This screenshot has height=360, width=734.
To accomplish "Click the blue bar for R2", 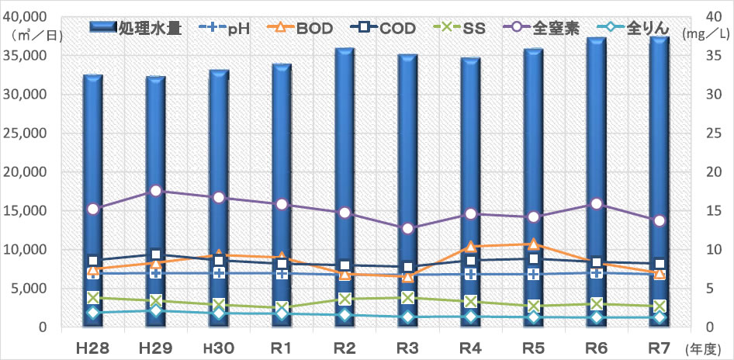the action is pos(344,187).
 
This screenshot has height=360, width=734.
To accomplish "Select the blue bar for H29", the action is pos(155,201).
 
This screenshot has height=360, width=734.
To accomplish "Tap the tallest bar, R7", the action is pos(659,182).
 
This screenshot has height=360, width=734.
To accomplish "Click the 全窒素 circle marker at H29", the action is pos(156,191).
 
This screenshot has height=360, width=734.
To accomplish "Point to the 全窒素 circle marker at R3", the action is pos(407,228).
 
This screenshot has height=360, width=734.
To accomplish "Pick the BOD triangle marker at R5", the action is pos(534,244).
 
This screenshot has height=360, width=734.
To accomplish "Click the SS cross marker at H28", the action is pos(92,297).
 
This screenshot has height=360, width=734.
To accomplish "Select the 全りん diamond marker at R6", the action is pos(597,317).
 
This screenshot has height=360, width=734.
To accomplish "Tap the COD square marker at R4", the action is pos(470,261).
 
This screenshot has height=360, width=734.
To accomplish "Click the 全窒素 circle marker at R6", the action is pos(597,203).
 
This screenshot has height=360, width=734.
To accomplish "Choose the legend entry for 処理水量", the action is pos(136,28).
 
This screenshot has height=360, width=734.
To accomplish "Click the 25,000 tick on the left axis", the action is pos(29,133).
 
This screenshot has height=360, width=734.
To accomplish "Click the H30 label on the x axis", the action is pos(219,348).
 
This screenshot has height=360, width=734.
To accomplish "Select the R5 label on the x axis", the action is pos(534,348).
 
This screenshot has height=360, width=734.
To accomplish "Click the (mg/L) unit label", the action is pos(708,33).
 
